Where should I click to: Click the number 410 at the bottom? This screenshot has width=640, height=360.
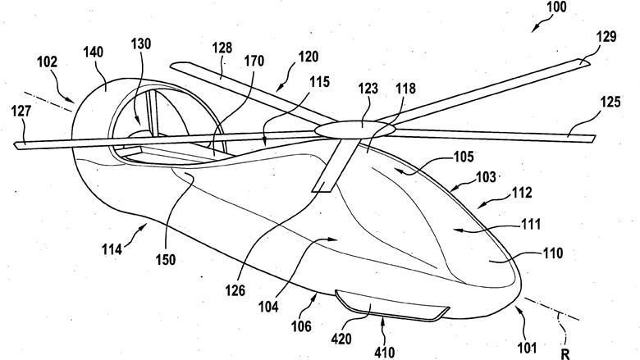(x=384, y=353)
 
